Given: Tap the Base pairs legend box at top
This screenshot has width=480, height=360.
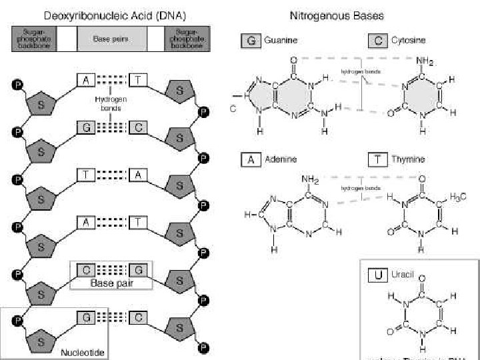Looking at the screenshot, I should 111,39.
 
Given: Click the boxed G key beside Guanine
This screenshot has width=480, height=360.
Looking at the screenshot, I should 251,41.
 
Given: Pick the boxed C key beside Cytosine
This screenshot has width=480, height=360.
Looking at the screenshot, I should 378,41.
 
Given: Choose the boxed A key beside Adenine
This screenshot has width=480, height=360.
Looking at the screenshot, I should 251,160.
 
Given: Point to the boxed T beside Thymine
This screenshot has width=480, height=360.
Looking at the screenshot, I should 378,160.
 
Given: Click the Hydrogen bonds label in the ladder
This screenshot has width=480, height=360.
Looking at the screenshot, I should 111,103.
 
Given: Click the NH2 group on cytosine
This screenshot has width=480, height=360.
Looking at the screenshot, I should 425,62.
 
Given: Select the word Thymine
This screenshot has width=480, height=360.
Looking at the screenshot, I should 408,160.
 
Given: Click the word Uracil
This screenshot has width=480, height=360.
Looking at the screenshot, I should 401,274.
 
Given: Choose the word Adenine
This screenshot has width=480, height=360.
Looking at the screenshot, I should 281,160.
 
